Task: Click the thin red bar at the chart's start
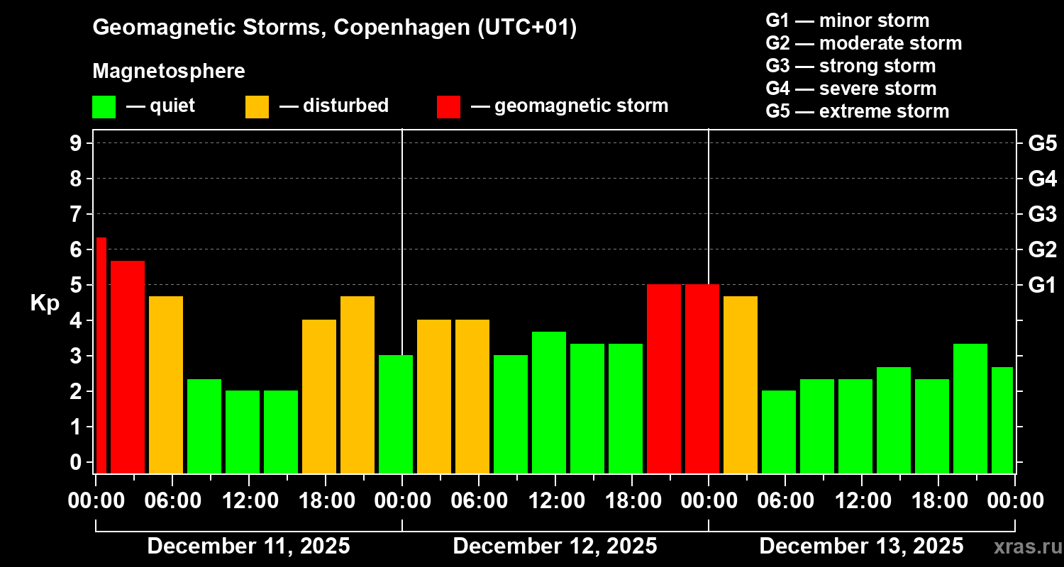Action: tap(101, 354)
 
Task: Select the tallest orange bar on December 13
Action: tap(741, 384)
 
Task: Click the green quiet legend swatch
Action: tap(104, 107)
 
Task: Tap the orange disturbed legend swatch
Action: tap(257, 107)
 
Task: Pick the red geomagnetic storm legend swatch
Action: tap(448, 107)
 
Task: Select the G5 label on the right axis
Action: tap(1042, 143)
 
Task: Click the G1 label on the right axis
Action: tap(1042, 285)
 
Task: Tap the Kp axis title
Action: tap(45, 303)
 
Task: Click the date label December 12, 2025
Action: tap(555, 546)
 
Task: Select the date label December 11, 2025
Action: tap(248, 546)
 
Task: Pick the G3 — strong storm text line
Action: tap(850, 66)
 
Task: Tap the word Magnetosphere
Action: tap(169, 72)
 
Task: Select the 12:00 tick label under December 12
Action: tap(555, 500)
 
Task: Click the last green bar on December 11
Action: tap(396, 414)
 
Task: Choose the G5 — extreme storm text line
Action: tap(857, 111)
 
